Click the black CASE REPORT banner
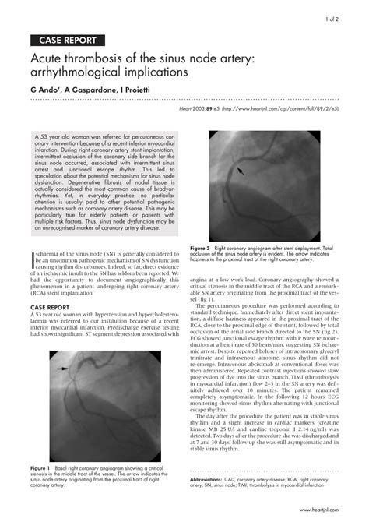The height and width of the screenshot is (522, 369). pos(68,40)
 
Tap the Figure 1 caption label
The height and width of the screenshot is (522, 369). pos(40,467)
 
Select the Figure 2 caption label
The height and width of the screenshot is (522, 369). pos(201,247)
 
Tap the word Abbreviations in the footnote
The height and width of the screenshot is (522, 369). pos(209,480)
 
